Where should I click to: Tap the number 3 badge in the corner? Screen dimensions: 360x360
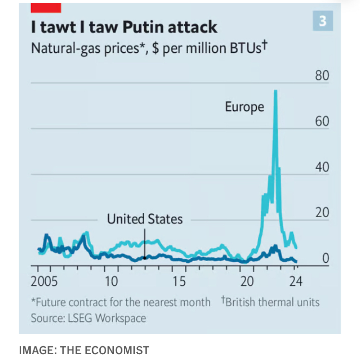[x=322, y=21]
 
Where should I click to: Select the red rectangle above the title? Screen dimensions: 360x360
[x=46, y=7]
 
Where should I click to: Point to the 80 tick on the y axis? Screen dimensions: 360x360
[x=322, y=76]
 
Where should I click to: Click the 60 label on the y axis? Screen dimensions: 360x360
[x=322, y=122]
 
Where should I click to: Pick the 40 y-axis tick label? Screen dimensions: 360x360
[x=322, y=167]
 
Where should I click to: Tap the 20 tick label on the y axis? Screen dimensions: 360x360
[x=322, y=213]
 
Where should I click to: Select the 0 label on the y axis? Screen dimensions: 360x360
[x=325, y=258]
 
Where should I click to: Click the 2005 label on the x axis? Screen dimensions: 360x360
[x=44, y=281]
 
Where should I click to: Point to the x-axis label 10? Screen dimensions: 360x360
[x=111, y=281]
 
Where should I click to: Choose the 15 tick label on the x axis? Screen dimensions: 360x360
[x=179, y=281]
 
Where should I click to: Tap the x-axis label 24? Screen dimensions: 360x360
[x=296, y=281]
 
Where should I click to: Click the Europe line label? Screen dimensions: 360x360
[x=244, y=107]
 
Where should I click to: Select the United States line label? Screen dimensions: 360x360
[x=144, y=220]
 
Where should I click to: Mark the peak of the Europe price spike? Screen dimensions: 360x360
[x=276, y=91]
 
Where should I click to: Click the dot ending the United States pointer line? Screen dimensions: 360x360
[x=144, y=258]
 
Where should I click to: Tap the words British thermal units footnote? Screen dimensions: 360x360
[x=273, y=302]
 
